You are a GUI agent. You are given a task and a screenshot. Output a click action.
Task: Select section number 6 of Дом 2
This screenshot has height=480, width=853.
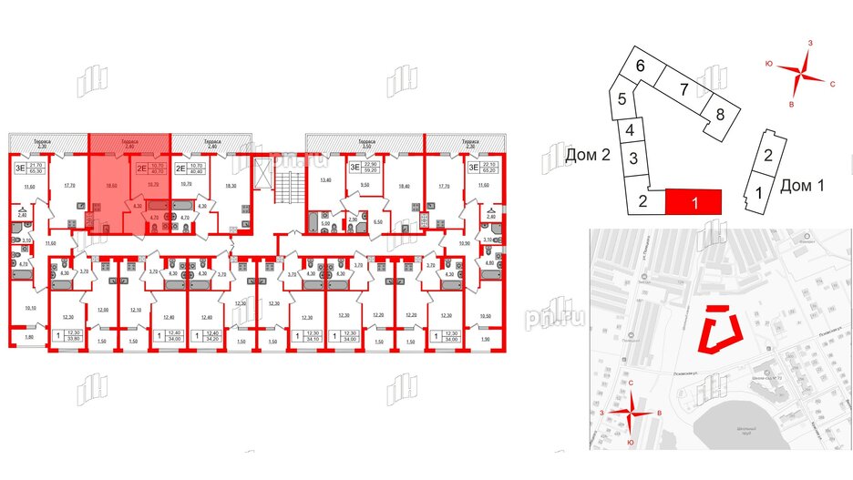[641, 66]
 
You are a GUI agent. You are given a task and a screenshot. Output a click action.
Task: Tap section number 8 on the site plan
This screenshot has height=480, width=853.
[719, 114]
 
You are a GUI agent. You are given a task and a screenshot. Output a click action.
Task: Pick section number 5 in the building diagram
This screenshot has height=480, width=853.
[620, 100]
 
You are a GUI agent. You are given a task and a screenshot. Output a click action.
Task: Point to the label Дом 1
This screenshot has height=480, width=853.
[802, 187]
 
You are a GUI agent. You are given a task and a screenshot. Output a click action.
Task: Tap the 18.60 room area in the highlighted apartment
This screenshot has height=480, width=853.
[110, 185]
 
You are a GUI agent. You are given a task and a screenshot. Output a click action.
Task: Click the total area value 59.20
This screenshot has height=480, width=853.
[368, 170]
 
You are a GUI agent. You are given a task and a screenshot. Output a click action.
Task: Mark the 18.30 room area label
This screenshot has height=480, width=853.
[230, 185]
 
